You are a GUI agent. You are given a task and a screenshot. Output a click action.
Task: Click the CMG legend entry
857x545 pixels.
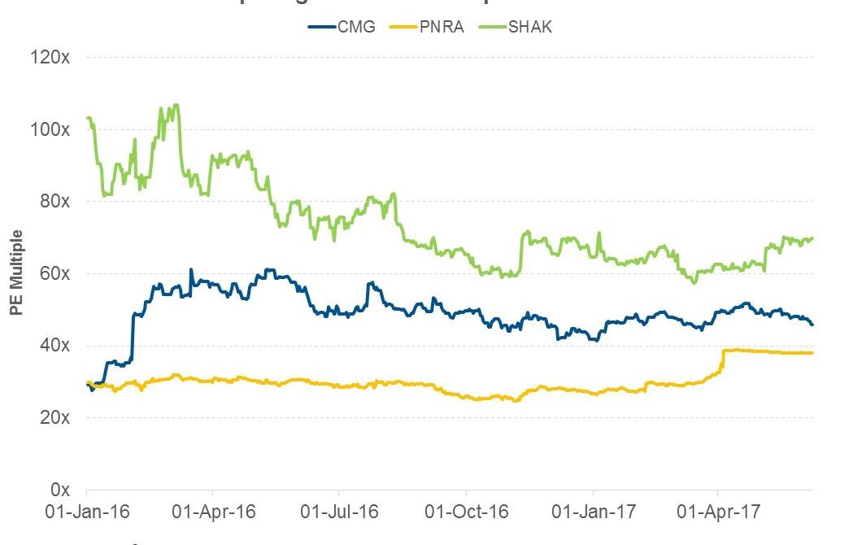(x=341, y=26)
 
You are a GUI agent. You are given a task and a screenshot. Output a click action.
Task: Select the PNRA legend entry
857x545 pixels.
(x=432, y=26)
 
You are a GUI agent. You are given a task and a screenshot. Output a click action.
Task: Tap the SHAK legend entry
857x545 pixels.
(x=523, y=26)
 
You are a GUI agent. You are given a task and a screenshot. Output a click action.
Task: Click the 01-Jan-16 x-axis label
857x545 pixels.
(x=85, y=512)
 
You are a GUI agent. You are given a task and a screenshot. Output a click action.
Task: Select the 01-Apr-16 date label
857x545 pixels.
(x=212, y=512)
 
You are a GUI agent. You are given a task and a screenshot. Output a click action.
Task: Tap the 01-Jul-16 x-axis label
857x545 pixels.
(x=339, y=512)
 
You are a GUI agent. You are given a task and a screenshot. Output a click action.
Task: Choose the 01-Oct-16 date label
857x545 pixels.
(x=467, y=512)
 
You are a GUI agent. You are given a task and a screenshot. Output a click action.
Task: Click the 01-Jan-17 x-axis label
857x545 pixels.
(x=593, y=512)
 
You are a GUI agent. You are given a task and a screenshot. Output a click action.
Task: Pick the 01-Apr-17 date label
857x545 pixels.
(x=718, y=512)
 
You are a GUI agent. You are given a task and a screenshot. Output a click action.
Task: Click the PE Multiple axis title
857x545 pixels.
(x=16, y=274)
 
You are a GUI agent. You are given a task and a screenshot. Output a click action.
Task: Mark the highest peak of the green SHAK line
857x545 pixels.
(x=176, y=104)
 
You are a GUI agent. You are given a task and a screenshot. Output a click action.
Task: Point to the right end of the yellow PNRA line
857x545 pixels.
(x=812, y=353)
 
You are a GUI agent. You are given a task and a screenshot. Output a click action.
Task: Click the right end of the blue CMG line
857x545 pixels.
(x=812, y=325)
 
